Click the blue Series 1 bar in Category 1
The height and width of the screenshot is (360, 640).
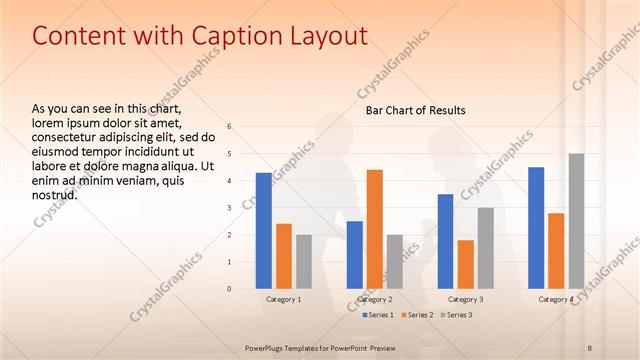(264, 231)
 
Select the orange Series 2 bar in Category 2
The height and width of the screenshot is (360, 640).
(375, 229)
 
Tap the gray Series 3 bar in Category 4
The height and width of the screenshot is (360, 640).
(576, 221)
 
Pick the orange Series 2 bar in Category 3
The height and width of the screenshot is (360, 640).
(466, 264)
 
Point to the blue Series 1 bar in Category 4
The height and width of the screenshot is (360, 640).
(536, 228)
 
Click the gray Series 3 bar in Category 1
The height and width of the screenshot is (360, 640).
(304, 262)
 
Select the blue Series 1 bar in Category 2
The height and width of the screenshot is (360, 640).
(355, 255)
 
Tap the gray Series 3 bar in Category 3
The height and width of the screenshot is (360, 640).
(486, 248)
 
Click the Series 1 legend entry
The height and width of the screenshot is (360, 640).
(379, 315)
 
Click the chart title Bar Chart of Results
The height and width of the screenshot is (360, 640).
(415, 110)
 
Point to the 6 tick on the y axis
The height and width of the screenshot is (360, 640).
(230, 127)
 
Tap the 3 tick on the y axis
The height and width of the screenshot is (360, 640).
(230, 208)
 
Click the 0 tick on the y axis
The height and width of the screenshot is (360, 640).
(230, 289)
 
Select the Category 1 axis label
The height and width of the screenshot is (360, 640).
(284, 299)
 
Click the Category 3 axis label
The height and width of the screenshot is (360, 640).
(466, 299)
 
